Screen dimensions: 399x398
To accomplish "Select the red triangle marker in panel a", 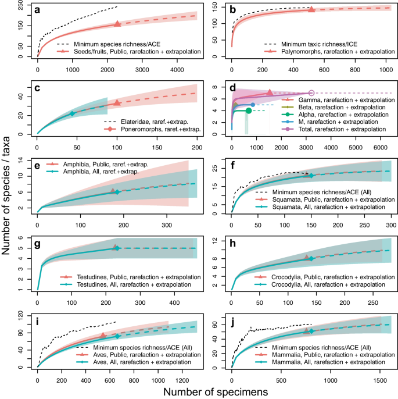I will (x=117, y=24).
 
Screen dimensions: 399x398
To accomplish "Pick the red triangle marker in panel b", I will (x=311, y=9).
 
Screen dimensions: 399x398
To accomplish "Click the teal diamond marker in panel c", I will (x=72, y=113).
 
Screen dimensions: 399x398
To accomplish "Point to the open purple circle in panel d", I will (x=311, y=93).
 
